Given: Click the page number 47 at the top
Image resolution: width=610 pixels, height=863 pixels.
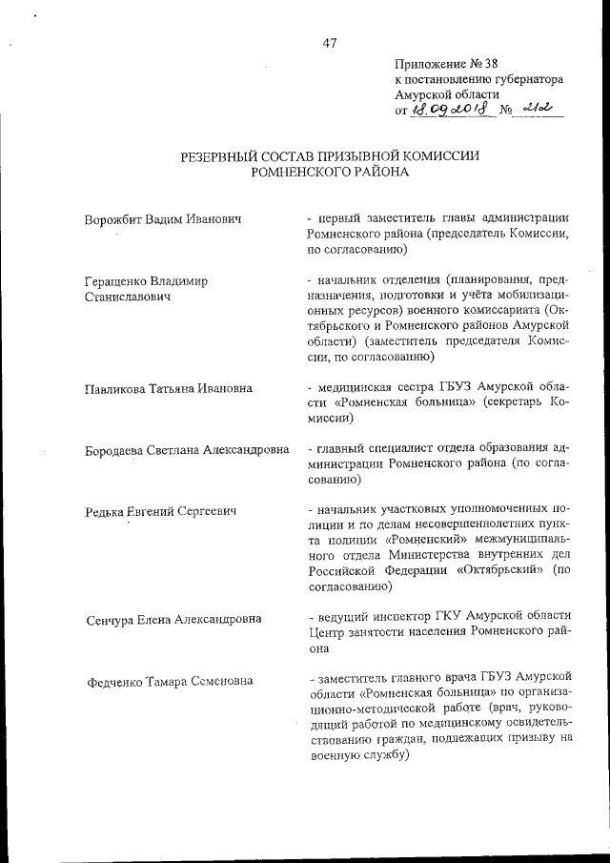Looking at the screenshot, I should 329,41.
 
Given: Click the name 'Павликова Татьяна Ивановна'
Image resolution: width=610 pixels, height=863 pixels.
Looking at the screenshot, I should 169,388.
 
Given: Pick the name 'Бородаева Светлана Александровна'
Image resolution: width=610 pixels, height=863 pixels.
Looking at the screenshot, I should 187,450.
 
